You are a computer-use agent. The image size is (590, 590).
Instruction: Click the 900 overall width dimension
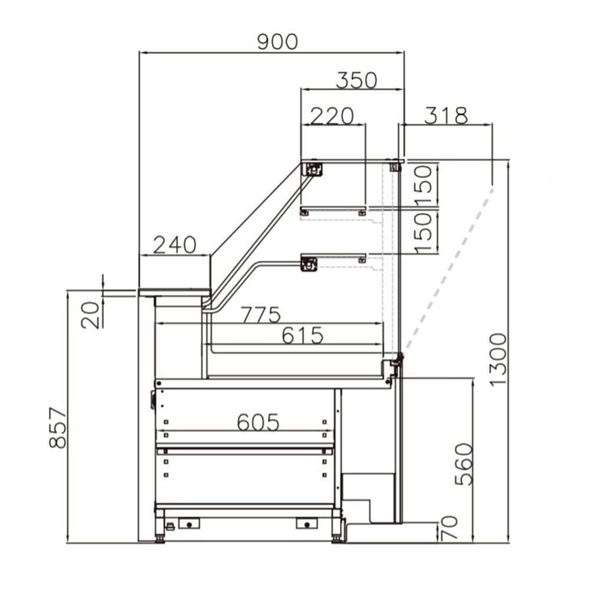(x=277, y=42)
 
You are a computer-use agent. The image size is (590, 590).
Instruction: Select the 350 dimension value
(x=356, y=80)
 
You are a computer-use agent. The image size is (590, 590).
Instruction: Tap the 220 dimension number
(x=332, y=116)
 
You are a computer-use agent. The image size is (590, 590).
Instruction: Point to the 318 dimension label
(x=447, y=116)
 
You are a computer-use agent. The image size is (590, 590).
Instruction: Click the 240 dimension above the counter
(x=174, y=245)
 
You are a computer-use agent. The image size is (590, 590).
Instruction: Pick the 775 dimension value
(x=260, y=315)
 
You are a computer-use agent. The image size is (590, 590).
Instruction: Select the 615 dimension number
(x=303, y=335)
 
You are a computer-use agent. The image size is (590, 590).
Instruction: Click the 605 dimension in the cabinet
(x=257, y=421)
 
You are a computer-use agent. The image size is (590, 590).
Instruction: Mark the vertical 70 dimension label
(x=450, y=529)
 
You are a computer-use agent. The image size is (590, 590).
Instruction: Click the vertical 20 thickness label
(x=90, y=314)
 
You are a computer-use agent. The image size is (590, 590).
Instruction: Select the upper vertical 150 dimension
(x=424, y=183)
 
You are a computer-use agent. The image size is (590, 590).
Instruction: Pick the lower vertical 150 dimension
(x=424, y=232)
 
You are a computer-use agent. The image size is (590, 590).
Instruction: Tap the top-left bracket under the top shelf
(x=312, y=169)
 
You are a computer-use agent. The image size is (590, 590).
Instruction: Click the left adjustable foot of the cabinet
(x=160, y=536)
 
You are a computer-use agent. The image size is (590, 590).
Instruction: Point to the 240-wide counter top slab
(x=175, y=291)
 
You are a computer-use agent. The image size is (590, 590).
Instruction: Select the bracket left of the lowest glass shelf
(x=309, y=263)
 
